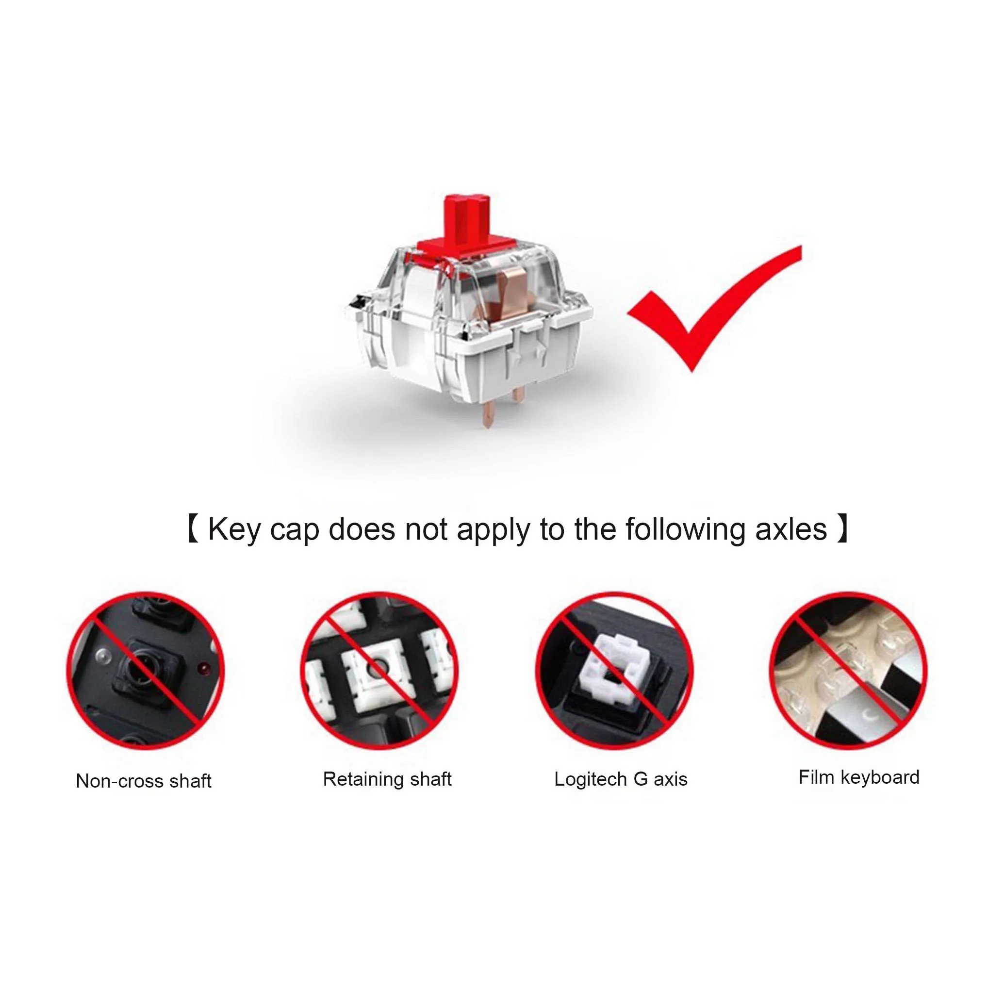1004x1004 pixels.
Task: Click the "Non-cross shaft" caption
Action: point(144,781)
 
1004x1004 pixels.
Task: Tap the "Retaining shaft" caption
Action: point(387,779)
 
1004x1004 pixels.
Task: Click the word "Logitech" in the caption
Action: point(591,779)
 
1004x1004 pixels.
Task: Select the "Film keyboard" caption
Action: point(859,777)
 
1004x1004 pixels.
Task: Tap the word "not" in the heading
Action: point(426,530)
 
